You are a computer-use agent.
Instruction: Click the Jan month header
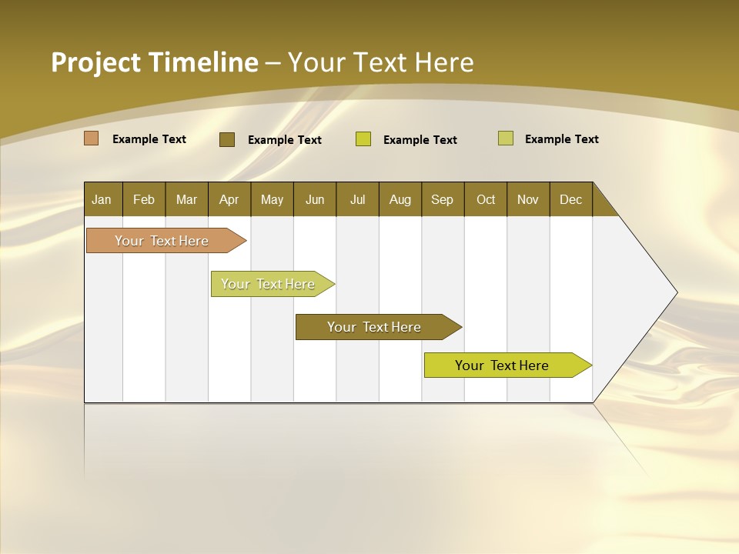coord(102,199)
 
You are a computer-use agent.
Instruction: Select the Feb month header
coord(144,199)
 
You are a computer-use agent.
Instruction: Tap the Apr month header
coord(229,199)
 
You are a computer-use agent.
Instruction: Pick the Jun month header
coord(315,199)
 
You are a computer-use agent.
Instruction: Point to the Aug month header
coord(400,199)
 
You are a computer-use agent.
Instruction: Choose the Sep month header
coord(442,199)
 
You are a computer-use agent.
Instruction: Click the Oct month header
coord(486,199)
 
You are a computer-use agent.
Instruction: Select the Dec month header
coord(570,199)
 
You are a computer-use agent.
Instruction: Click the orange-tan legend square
coord(92,138)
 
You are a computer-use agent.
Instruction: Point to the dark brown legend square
coord(227,139)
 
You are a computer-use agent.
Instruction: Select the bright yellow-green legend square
coord(363,139)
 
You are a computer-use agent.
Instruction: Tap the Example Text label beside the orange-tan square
coord(149,139)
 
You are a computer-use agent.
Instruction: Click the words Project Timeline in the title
coord(154,62)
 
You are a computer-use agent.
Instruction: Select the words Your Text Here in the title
coord(380,62)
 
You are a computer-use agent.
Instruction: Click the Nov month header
coord(528,199)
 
